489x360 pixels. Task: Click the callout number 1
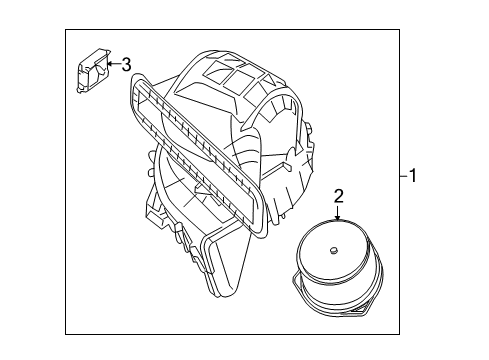click(x=413, y=175)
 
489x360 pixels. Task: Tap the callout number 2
click(x=338, y=197)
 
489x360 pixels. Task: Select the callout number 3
click(x=126, y=65)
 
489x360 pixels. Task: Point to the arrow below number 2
click(x=338, y=213)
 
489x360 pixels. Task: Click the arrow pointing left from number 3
click(x=114, y=64)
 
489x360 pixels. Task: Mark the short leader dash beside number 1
click(x=404, y=176)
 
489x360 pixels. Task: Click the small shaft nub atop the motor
click(x=333, y=250)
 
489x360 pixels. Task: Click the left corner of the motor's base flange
click(x=294, y=276)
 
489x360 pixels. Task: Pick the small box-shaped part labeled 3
click(x=93, y=71)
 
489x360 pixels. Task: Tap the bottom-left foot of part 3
click(x=80, y=90)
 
